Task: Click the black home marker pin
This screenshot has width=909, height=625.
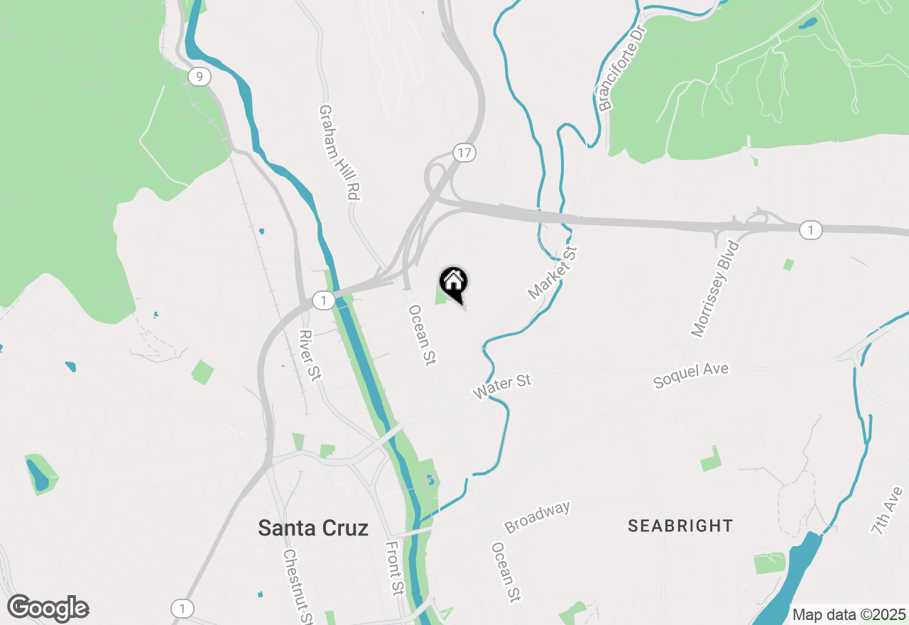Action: (x=454, y=283)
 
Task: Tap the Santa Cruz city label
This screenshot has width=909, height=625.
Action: (x=313, y=528)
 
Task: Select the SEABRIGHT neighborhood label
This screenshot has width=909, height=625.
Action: (x=680, y=526)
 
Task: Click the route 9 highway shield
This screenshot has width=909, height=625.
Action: (x=200, y=77)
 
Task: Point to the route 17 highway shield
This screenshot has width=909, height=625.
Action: (x=464, y=153)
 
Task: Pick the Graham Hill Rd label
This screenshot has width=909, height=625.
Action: (x=338, y=152)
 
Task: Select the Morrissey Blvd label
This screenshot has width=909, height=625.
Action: (x=715, y=288)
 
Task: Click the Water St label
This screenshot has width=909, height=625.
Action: (x=503, y=387)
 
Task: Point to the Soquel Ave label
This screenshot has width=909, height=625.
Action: (x=690, y=375)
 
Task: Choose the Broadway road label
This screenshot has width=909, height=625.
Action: (x=537, y=518)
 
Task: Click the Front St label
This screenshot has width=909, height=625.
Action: (x=394, y=567)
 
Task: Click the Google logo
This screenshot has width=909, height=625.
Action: (x=48, y=609)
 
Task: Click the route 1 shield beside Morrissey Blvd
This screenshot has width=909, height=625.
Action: (x=810, y=230)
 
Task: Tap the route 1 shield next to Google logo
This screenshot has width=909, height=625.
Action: (x=183, y=609)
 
